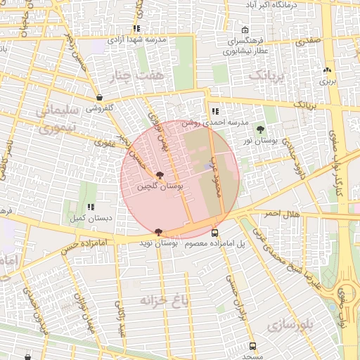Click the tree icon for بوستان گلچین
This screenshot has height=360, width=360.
tap(160, 175)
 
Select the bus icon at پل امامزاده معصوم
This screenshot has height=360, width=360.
tap(214, 233)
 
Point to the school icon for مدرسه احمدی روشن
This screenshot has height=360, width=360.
tap(215, 111)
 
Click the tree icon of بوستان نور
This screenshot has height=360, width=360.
tap(261, 129)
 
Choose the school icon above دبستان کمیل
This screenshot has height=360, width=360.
tap(91, 207)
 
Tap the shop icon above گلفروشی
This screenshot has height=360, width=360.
tap(99, 98)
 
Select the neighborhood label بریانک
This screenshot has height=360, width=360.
tap(269, 74)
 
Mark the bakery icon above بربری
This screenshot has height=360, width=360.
tap(327, 70)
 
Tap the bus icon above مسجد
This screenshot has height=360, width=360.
tap(252, 346)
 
